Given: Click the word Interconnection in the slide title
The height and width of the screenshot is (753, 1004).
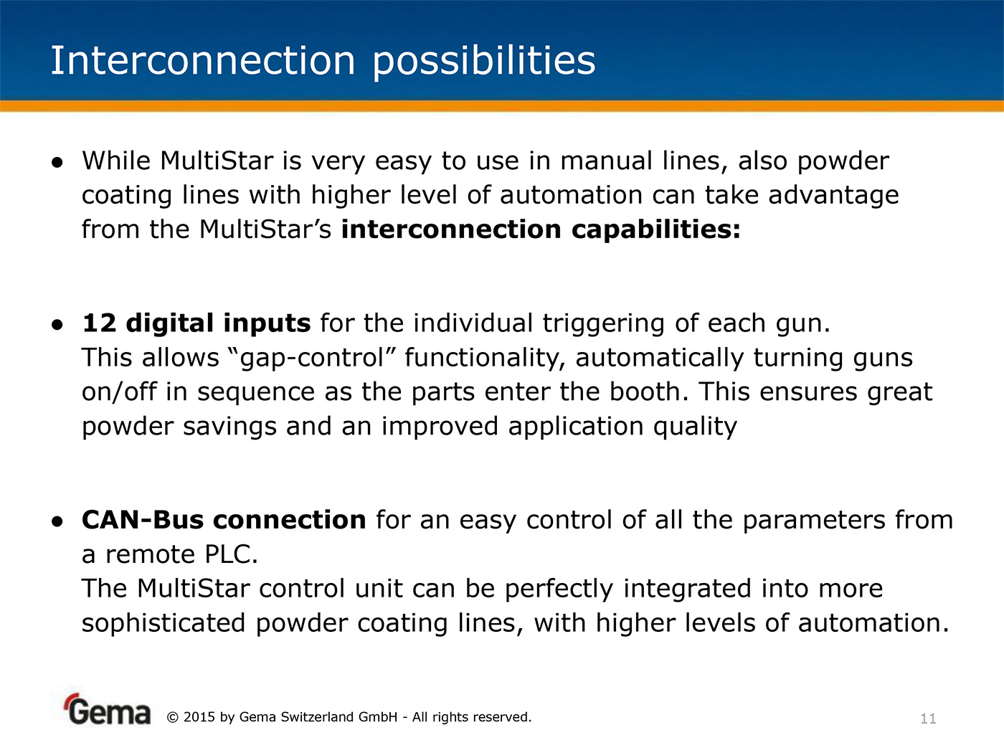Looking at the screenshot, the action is coord(203,60).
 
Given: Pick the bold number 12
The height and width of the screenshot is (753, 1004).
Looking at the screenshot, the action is coord(99,323).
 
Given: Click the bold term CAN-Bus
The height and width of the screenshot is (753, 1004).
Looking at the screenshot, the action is coord(143,521).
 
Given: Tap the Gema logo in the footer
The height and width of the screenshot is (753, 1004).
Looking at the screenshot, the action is coord(108,709).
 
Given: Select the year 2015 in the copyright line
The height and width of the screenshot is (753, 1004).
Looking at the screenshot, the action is coord(199,717).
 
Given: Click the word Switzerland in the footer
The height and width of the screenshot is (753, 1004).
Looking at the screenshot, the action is coord(316,717).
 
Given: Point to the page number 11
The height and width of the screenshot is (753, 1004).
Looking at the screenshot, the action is coord(928,719).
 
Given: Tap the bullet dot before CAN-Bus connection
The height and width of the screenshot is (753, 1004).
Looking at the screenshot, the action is coord(57,522).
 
